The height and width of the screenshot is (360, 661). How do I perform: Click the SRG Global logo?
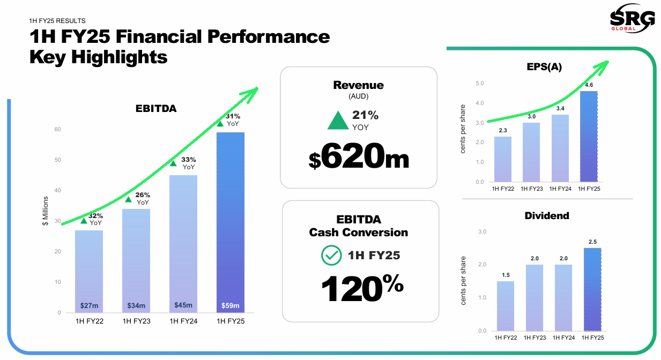632,18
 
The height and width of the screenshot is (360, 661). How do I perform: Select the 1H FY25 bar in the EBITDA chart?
231,222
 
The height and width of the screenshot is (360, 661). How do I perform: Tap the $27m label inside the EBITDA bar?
89,305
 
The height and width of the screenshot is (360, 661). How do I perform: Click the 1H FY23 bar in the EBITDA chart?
136,261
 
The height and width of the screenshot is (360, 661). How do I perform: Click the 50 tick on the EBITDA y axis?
57,160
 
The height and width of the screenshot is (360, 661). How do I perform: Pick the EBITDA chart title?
156,109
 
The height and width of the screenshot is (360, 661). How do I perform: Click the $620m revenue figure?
359,156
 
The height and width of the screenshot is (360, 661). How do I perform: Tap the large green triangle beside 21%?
338,121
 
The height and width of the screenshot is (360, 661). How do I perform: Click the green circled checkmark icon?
331,256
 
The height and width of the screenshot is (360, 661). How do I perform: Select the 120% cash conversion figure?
362,288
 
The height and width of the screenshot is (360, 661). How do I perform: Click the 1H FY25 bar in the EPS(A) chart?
589,136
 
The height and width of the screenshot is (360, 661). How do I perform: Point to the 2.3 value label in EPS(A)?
503,130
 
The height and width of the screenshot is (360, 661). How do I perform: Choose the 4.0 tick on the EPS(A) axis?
479,103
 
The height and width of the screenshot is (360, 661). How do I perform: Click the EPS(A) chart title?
544,67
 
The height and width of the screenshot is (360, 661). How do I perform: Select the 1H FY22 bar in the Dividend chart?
506,306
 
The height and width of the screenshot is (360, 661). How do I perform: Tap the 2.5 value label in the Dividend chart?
592,242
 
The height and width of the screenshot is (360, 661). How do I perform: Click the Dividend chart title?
547,215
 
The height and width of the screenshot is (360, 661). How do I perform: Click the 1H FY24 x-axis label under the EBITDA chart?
183,321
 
